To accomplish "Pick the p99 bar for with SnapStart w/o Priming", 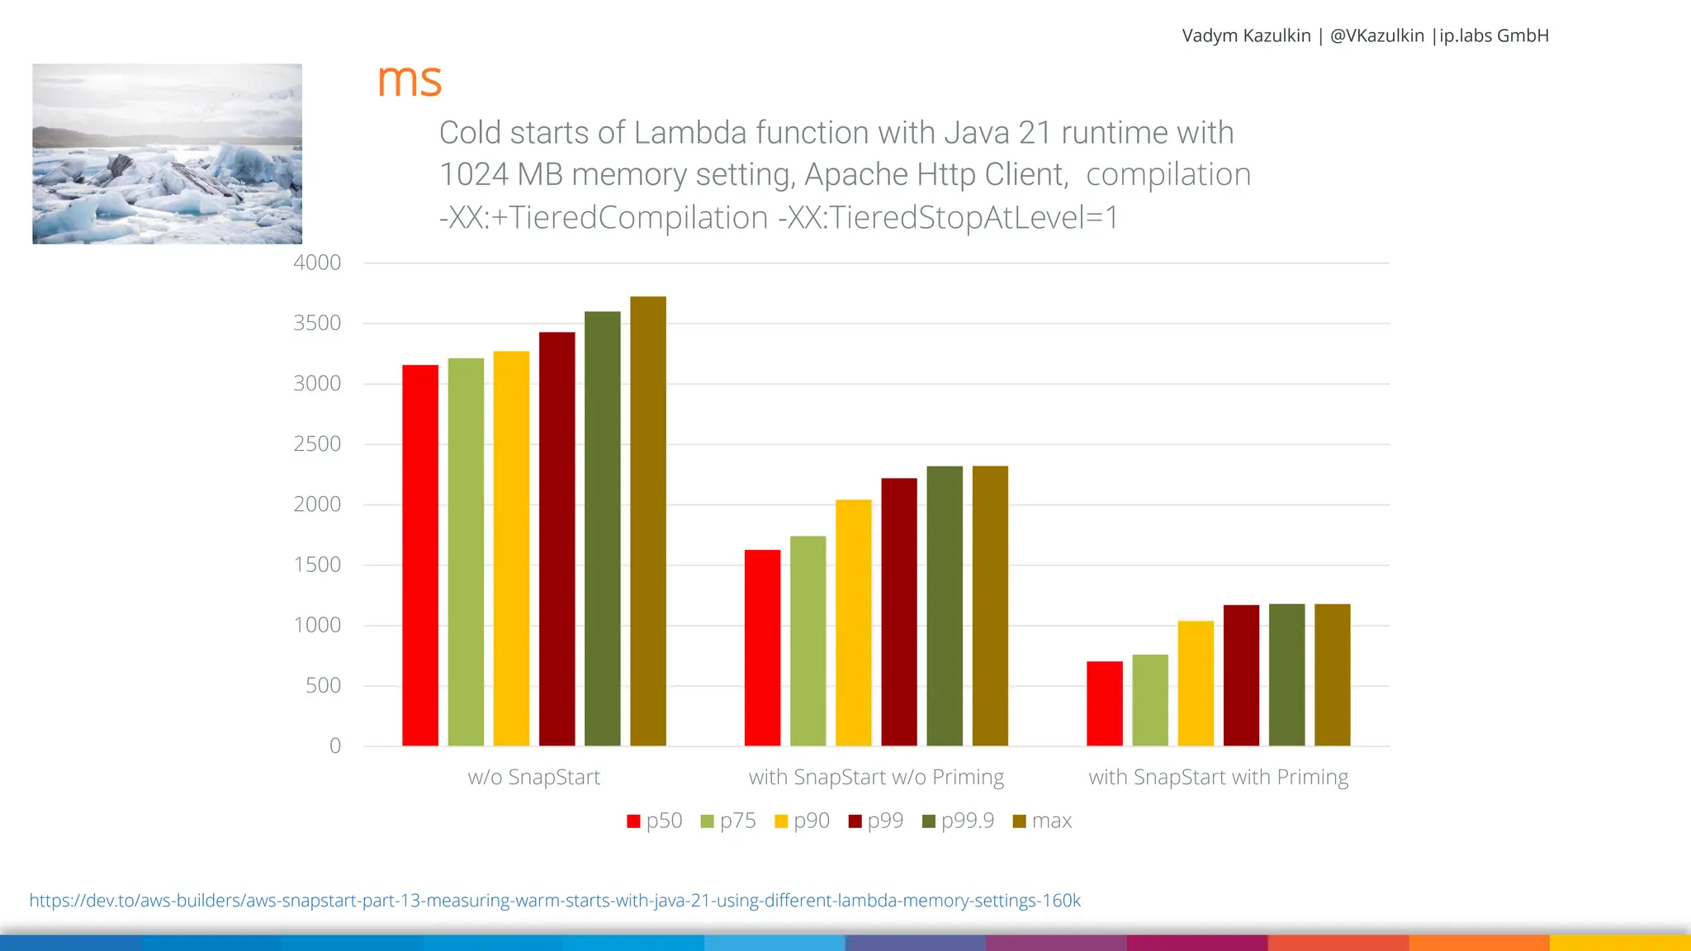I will (899, 612).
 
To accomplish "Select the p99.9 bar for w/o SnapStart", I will (603, 528).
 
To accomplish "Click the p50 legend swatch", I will (634, 821).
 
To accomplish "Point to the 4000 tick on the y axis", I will (317, 263).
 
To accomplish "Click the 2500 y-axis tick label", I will (317, 444).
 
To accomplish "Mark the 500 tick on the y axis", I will (323, 685).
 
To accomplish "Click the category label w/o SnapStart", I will (534, 778).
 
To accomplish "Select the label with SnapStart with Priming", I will (1218, 778).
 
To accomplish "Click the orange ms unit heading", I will (410, 80).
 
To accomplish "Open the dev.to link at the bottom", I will (555, 901).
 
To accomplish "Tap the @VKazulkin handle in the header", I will (1376, 35).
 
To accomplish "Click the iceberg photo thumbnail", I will (167, 154).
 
